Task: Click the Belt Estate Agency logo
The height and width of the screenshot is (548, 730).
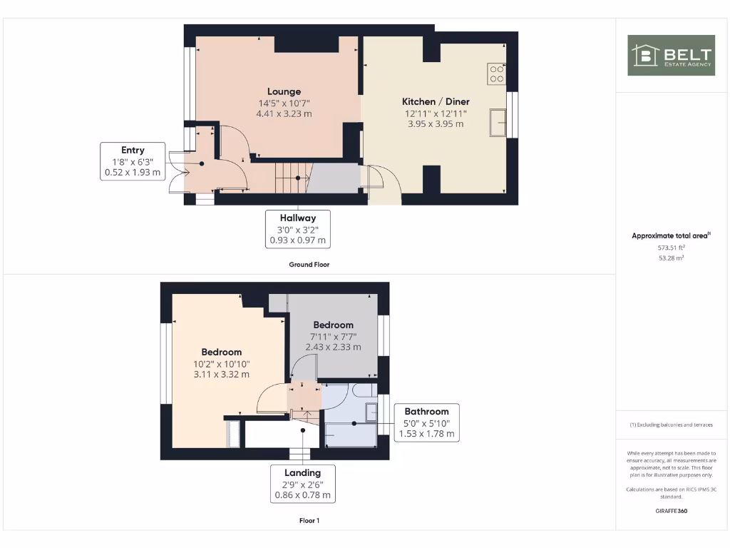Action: (x=671, y=56)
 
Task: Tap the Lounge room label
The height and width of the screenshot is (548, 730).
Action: (x=284, y=91)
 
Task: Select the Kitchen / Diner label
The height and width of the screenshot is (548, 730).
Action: (x=436, y=101)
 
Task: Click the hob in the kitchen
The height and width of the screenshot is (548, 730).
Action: (x=496, y=73)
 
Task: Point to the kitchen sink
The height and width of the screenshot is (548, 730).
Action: (x=498, y=122)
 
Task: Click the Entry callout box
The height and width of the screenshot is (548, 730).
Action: (x=133, y=161)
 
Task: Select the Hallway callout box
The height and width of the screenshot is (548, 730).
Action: (x=297, y=229)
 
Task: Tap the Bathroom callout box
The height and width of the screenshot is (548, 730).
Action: (x=426, y=422)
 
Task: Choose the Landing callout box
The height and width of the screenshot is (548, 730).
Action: (x=302, y=484)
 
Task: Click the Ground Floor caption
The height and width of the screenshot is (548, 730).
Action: (x=309, y=265)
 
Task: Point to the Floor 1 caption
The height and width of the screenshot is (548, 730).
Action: (x=309, y=521)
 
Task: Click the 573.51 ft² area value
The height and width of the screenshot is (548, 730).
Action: (x=670, y=248)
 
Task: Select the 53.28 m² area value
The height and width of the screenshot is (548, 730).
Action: (x=670, y=258)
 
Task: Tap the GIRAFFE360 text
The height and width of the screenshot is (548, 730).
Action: (x=670, y=511)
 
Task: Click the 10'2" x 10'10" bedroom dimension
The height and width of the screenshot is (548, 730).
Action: (x=221, y=363)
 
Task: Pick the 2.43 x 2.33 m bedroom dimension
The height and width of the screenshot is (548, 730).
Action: (x=334, y=347)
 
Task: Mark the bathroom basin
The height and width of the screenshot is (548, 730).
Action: (x=371, y=412)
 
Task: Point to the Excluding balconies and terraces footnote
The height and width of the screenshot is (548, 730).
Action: (x=670, y=425)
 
